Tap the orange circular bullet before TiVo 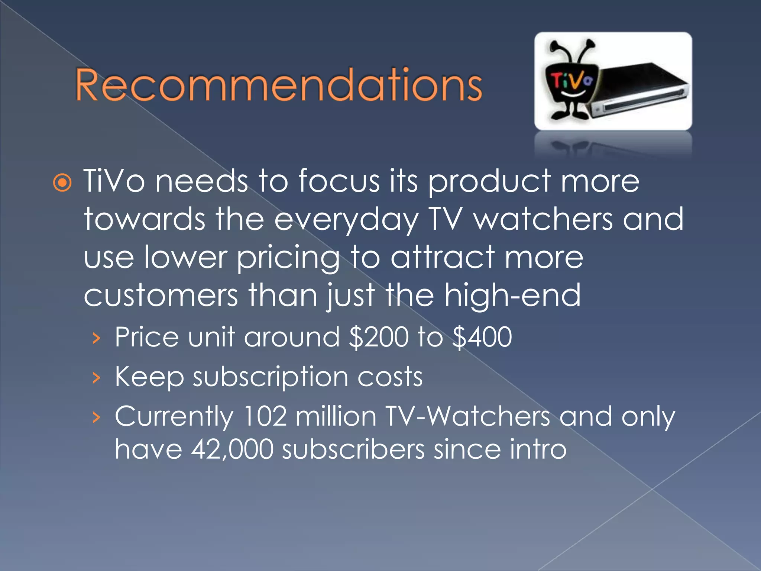(62, 183)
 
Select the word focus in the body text (339, 181)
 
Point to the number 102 (265, 416)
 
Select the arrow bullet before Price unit (97, 338)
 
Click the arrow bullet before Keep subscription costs (97, 378)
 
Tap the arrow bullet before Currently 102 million (97, 417)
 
